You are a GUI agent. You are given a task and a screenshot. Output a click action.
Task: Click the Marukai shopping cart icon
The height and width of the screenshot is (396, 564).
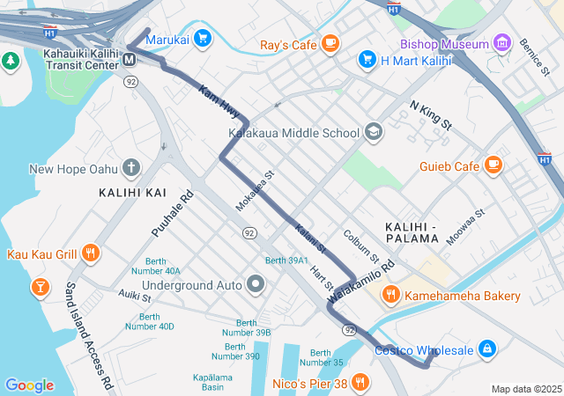point(204,38)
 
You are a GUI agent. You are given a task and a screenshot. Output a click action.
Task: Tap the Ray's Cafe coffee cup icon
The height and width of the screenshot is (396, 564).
point(330,42)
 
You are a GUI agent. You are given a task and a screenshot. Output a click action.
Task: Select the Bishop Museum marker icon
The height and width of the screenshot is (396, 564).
point(502,42)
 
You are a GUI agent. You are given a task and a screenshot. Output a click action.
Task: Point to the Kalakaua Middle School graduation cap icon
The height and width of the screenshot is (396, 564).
point(374,132)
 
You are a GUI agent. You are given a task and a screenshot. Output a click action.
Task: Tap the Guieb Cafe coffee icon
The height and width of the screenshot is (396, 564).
point(493,165)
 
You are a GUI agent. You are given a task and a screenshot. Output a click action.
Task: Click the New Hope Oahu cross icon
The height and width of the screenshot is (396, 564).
point(130,167)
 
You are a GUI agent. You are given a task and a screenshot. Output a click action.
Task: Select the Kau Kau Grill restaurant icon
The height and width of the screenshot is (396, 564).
point(90,253)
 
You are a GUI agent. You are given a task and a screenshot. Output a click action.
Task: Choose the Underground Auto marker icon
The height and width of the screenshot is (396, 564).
point(256,284)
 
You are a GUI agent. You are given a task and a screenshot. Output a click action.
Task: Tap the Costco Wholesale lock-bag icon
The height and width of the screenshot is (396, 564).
point(486,349)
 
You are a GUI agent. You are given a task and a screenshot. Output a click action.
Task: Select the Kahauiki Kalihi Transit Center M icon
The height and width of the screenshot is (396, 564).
point(130,59)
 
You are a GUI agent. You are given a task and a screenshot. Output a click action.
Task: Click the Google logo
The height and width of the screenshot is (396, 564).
point(29,385)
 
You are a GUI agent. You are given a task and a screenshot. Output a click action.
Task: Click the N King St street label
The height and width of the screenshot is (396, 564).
point(431,116)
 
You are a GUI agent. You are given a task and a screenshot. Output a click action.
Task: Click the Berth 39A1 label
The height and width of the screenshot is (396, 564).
point(286,260)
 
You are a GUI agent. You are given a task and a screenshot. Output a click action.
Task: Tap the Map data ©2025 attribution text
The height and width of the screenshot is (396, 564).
point(525,389)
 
